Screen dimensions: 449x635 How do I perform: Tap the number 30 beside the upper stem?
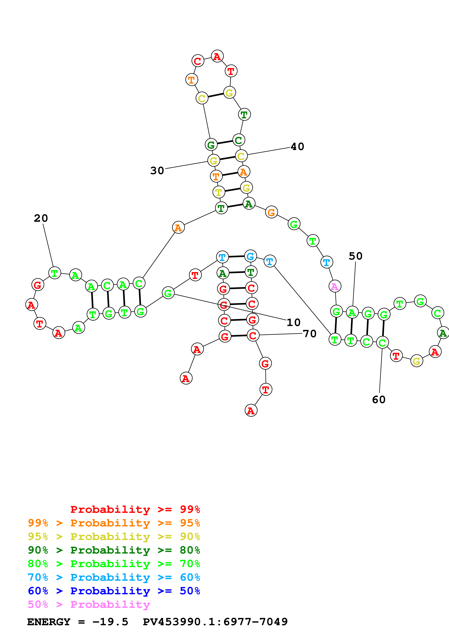(x=157, y=171)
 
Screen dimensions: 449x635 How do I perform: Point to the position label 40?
(x=297, y=147)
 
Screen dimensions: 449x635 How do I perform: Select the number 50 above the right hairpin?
(x=356, y=256)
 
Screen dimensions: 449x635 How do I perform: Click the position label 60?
(x=379, y=400)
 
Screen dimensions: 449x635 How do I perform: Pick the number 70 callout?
(x=310, y=334)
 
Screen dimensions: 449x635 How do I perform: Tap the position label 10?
(x=294, y=323)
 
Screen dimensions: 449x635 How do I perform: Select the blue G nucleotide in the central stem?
(x=250, y=256)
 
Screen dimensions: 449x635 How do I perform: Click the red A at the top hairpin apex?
(x=217, y=56)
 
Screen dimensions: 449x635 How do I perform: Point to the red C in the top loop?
(x=198, y=61)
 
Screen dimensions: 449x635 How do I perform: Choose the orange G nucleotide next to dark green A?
(x=271, y=212)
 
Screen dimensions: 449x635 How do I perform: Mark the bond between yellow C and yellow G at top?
(x=216, y=95)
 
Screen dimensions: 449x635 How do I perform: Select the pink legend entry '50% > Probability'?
(x=89, y=605)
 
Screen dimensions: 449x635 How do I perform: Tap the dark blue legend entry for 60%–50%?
(x=114, y=591)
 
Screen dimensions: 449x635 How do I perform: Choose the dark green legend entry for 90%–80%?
(x=114, y=550)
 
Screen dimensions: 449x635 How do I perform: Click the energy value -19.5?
(x=110, y=622)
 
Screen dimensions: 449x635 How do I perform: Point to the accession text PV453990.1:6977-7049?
(x=215, y=622)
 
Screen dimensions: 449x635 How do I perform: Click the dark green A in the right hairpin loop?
(x=443, y=333)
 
